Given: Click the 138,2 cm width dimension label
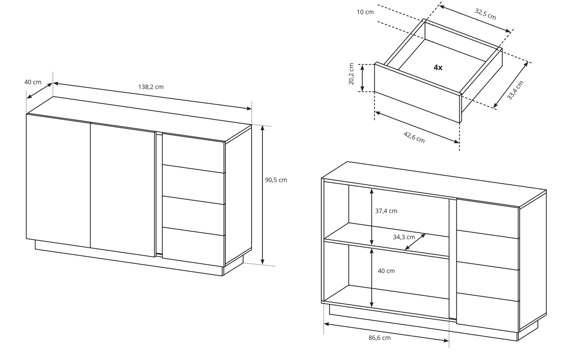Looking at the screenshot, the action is pyautogui.click(x=151, y=87).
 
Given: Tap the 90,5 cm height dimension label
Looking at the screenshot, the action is pyautogui.click(x=276, y=180).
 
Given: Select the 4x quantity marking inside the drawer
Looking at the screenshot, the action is pyautogui.click(x=438, y=67).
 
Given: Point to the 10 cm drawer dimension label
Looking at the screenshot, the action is pyautogui.click(x=365, y=12).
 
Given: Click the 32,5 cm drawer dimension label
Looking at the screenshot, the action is pyautogui.click(x=485, y=14).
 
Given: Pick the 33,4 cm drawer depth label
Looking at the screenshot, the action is pyautogui.click(x=515, y=90).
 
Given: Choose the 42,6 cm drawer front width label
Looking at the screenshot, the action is pyautogui.click(x=414, y=137).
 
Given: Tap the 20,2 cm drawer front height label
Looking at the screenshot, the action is pyautogui.click(x=351, y=74).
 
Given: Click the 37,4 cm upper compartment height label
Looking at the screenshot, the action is pyautogui.click(x=386, y=211).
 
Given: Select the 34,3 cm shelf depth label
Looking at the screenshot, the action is pyautogui.click(x=404, y=237).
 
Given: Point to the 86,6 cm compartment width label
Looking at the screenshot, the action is pyautogui.click(x=380, y=338).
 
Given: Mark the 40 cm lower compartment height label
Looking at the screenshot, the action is pyautogui.click(x=386, y=271).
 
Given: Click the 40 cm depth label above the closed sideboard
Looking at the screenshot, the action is pyautogui.click(x=33, y=82).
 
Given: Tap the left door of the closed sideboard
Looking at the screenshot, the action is pyautogui.click(x=58, y=180).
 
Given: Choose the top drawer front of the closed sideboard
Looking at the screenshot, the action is pyautogui.click(x=194, y=153).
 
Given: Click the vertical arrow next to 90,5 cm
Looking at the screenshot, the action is pyautogui.click(x=262, y=195).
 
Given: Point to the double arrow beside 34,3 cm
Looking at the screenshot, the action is pyautogui.click(x=415, y=242).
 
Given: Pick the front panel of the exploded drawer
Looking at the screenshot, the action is pyautogui.click(x=418, y=92).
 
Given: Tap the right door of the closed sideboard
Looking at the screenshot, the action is pyautogui.click(x=123, y=190).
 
